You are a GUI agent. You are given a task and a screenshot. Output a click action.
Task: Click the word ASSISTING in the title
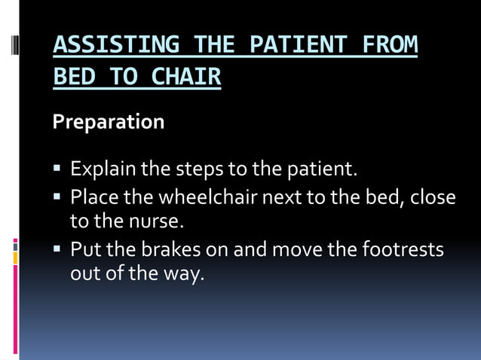tap(115, 46)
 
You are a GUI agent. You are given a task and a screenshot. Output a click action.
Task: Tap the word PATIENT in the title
tap(290, 46)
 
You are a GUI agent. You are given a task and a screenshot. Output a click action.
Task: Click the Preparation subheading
tap(108, 121)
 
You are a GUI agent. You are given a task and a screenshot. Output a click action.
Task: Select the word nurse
tap(157, 222)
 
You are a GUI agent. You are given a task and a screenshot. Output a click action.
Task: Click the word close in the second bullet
tap(433, 197)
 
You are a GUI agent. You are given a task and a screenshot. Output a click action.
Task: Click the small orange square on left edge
tap(15, 258)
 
